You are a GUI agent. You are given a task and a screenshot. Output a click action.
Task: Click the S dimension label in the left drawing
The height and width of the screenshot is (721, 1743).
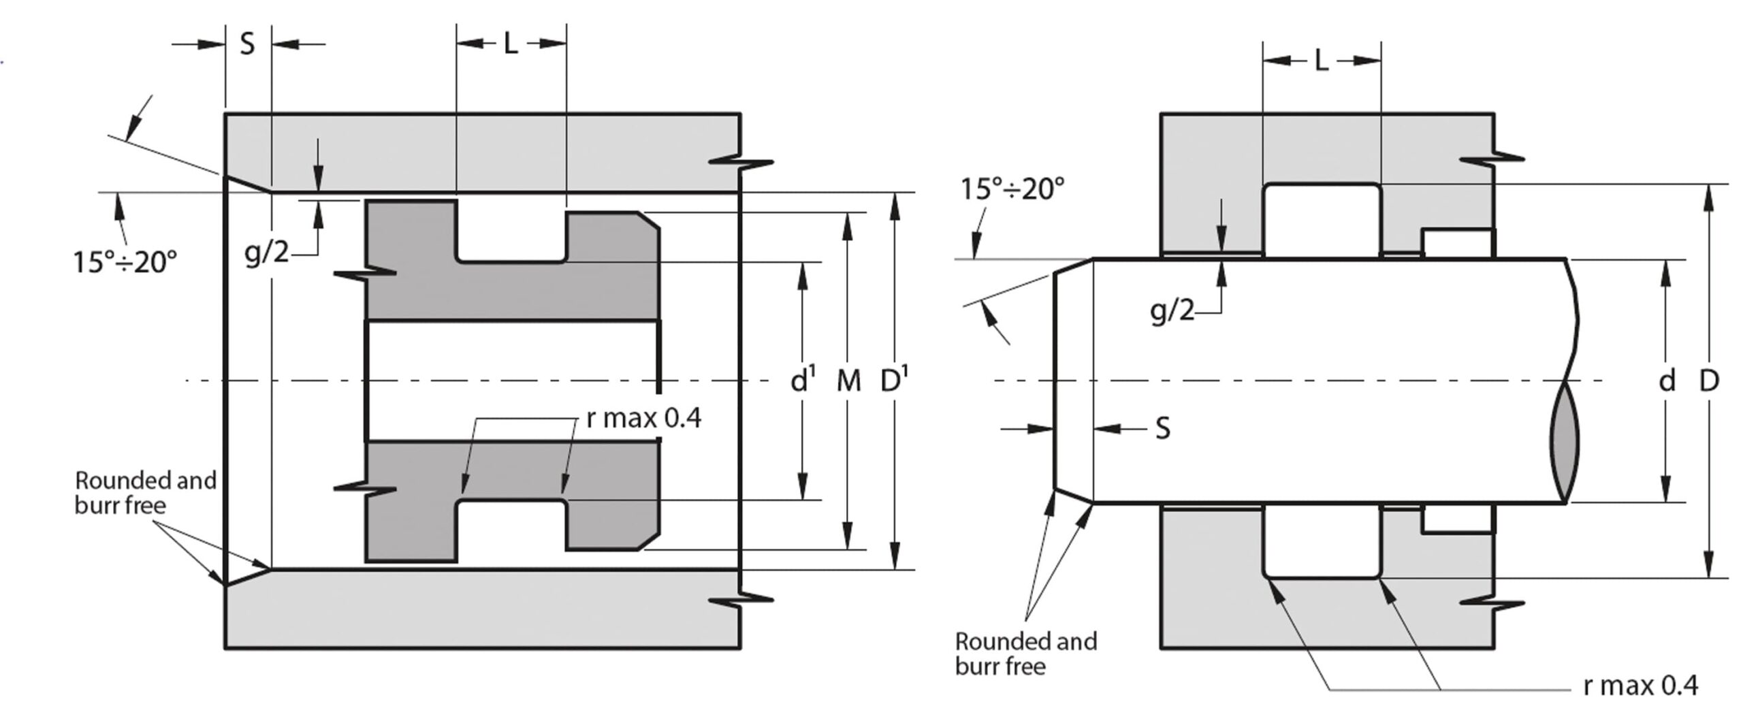pos(247,44)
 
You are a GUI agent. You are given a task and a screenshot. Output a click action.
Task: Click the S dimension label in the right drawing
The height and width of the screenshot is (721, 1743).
pos(1163,428)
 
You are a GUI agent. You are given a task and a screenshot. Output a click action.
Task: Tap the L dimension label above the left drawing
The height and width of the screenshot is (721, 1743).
pos(511,44)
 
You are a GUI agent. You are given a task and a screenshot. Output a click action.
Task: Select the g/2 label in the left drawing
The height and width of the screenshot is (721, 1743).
pos(267,253)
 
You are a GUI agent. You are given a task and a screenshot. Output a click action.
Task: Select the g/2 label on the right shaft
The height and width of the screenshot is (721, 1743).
pos(1172,310)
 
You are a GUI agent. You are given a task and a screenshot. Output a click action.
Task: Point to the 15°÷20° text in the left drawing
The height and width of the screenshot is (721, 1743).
pos(125,261)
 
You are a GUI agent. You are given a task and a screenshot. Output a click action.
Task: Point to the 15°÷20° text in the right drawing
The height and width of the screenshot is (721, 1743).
pos(1012,189)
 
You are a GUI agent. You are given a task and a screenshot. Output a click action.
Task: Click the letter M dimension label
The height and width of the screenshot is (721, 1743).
pos(848,381)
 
